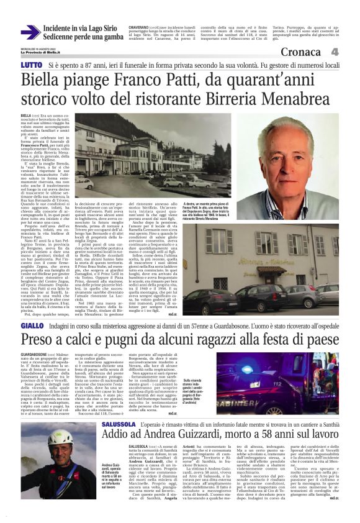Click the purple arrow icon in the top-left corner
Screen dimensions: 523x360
coord(30,32)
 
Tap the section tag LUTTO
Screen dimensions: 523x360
coord(30,65)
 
